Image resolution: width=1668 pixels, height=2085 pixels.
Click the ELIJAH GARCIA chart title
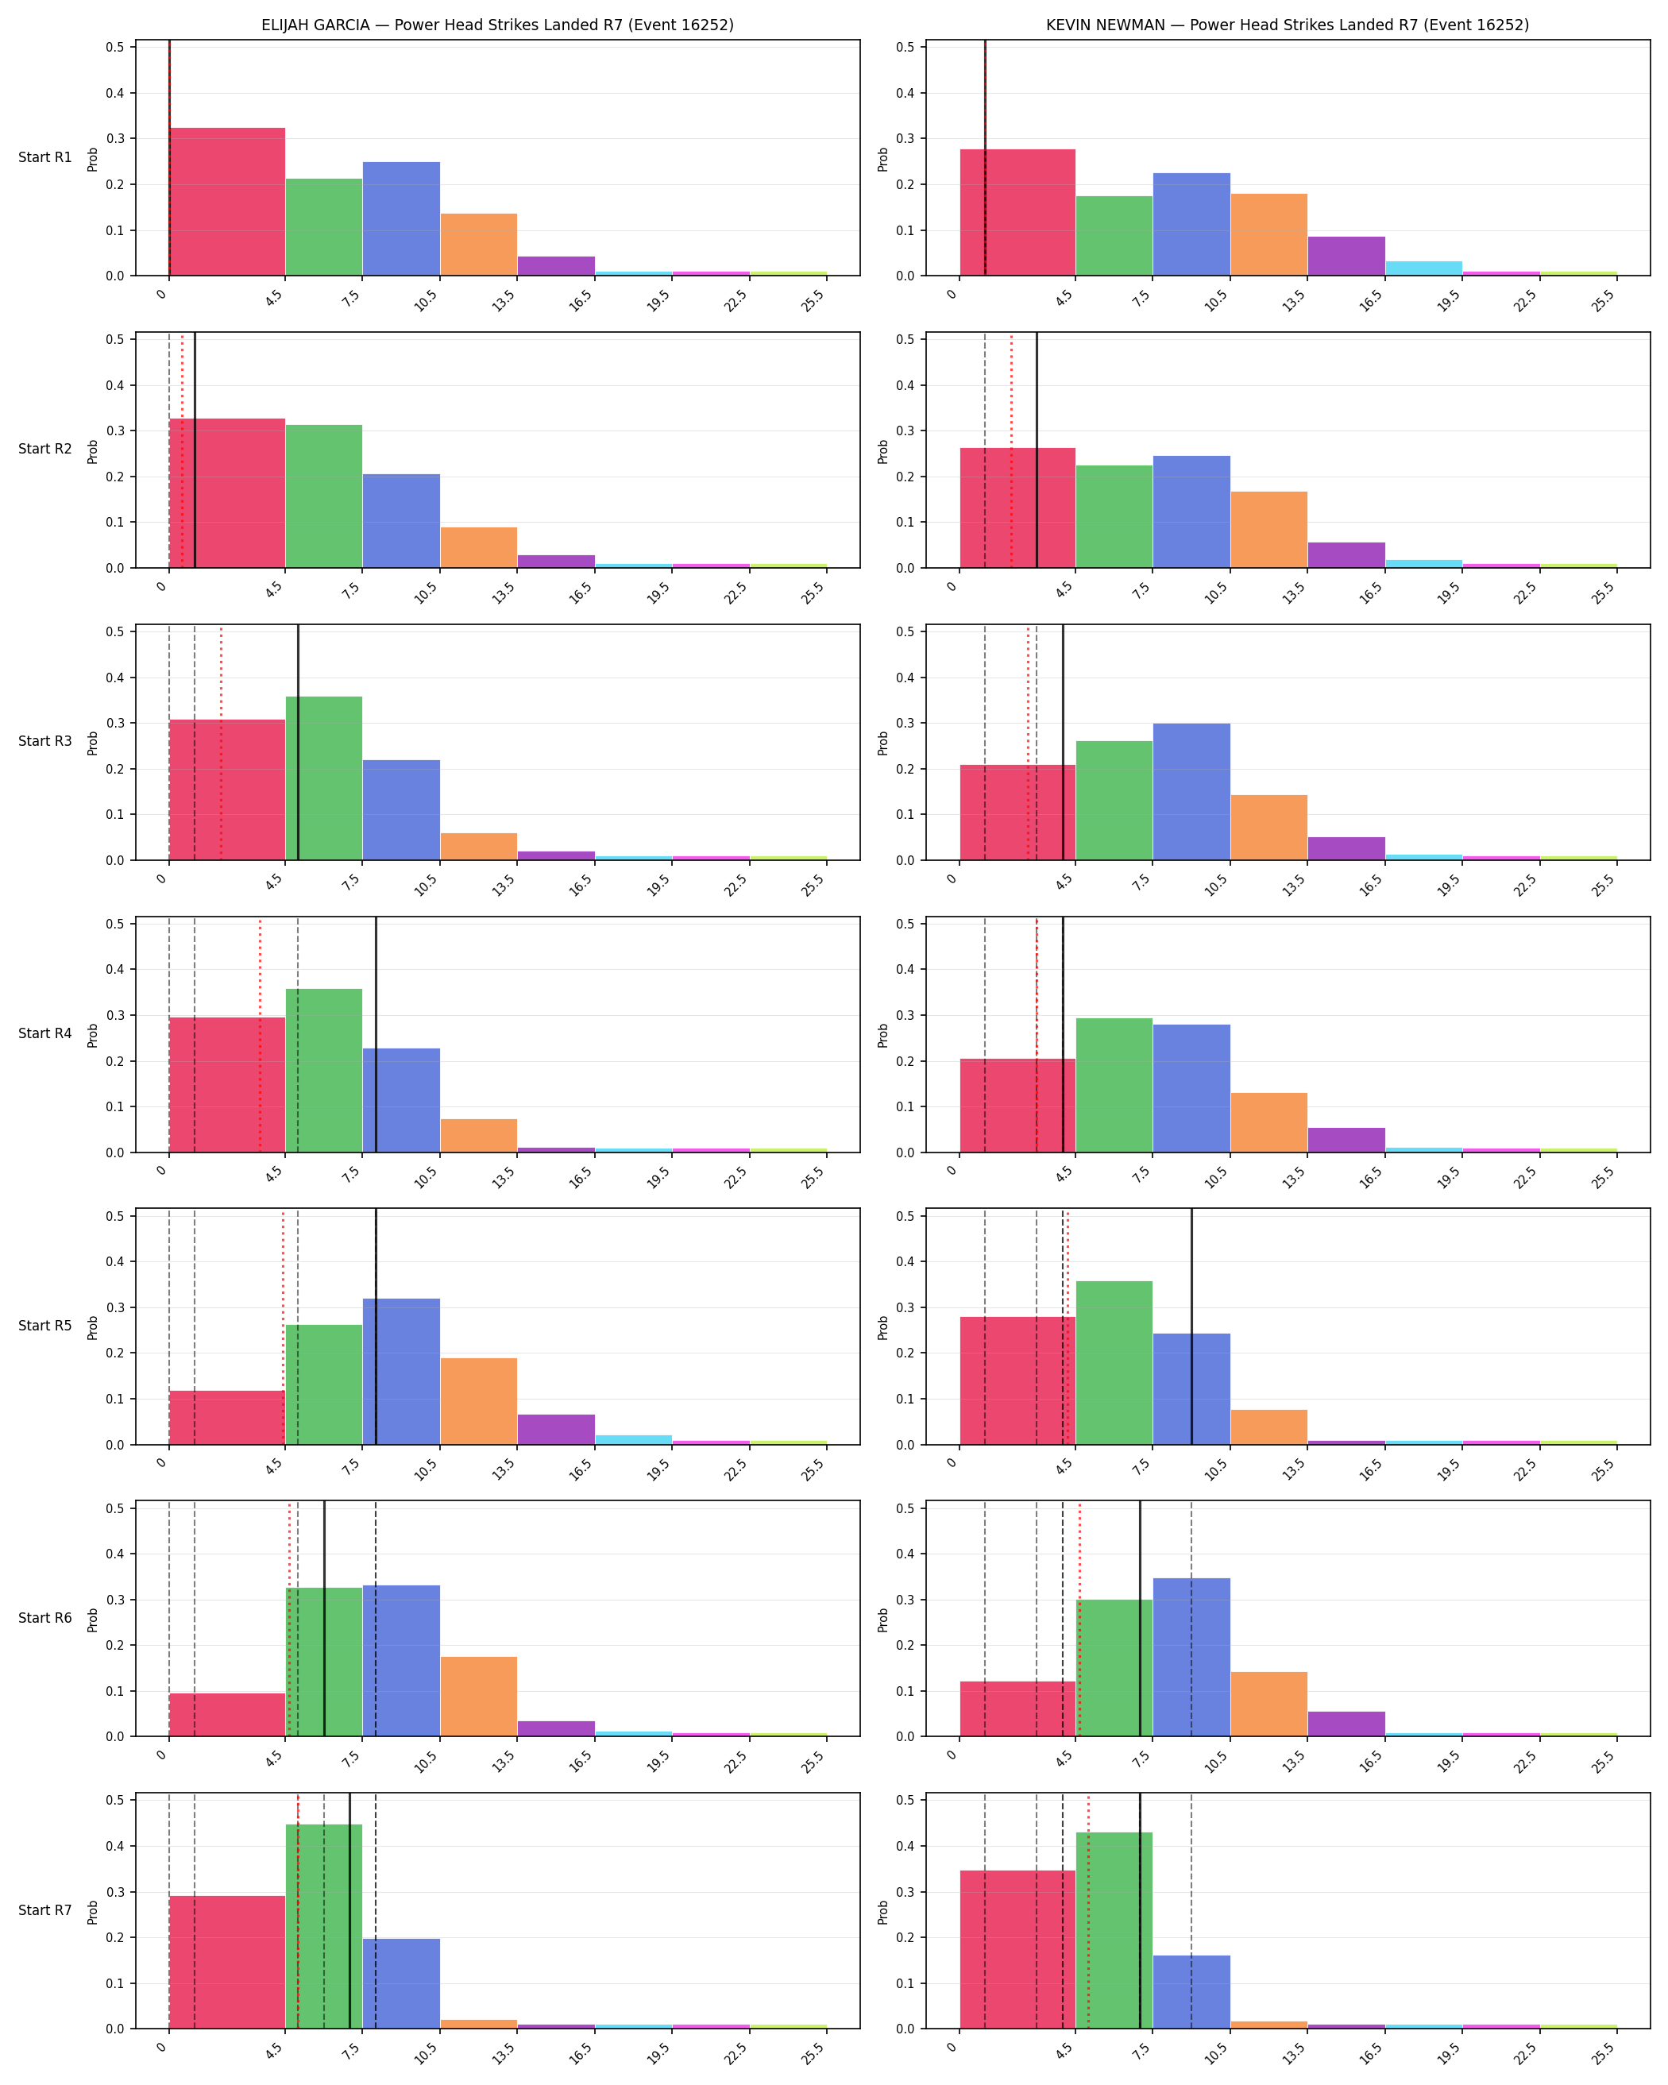(497, 25)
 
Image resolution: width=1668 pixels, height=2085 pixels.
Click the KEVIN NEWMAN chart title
(1287, 25)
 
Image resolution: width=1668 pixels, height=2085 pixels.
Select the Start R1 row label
(45, 157)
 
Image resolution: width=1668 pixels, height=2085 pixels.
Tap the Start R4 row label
(45, 1034)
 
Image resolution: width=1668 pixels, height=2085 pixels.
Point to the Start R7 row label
(45, 1910)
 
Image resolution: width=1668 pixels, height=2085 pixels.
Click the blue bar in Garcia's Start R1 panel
(401, 218)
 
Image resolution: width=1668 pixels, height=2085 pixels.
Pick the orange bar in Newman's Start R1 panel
(1268, 235)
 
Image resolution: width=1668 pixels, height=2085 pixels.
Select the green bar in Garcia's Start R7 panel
(324, 1925)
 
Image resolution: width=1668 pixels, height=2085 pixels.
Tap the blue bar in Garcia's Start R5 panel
(401, 1371)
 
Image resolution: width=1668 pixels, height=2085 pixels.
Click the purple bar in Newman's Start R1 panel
(1346, 257)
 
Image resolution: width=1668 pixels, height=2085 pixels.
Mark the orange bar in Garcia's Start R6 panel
(479, 1697)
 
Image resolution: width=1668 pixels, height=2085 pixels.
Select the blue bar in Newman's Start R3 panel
(1191, 792)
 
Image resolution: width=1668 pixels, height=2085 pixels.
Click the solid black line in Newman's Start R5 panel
(1191, 1326)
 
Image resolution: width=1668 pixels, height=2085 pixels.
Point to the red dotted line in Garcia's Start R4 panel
(259, 1035)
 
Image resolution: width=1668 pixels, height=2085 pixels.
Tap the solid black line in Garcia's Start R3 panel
(298, 743)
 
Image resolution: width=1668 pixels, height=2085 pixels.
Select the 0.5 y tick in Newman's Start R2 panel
(906, 339)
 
